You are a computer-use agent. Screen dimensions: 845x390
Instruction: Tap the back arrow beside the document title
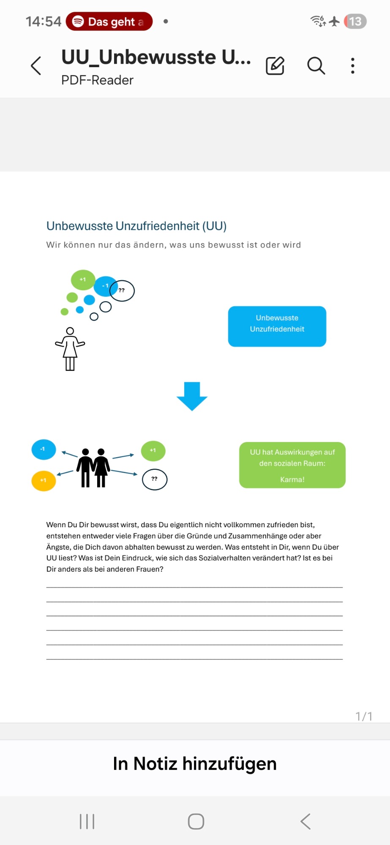(36, 66)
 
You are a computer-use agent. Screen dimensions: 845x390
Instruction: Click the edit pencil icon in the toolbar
(275, 66)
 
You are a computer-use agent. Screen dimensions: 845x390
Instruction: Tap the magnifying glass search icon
(316, 66)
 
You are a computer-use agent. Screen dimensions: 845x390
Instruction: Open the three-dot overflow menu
(353, 66)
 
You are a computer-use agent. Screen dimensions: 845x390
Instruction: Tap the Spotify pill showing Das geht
(109, 22)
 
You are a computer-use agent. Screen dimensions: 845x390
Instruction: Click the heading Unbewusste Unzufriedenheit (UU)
(136, 226)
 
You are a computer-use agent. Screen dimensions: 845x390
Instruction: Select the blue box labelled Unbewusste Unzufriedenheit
(277, 326)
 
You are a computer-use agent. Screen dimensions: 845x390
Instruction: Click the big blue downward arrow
(192, 396)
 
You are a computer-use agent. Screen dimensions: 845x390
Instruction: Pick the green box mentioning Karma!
(292, 465)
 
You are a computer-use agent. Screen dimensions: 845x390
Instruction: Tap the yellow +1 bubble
(44, 480)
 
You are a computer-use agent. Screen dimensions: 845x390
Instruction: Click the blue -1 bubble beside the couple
(44, 449)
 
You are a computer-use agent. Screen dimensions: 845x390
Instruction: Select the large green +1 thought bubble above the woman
(83, 280)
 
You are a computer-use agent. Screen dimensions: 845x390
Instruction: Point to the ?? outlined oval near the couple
(155, 479)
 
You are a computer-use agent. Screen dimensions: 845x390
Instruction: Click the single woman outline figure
(70, 349)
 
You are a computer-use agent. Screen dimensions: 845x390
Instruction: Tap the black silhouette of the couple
(93, 468)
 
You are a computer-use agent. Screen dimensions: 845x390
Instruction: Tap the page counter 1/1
(364, 716)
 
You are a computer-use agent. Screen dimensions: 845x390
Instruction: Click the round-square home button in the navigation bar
(196, 822)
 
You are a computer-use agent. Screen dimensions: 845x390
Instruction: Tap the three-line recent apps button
(87, 822)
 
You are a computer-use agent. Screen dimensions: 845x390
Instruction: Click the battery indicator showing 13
(355, 22)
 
